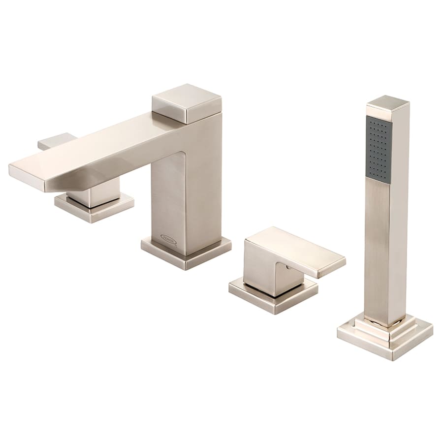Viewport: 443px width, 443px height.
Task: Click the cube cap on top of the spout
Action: coord(186,103)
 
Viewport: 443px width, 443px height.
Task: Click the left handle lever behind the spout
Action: coord(55,141)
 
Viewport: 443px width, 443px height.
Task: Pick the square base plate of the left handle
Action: coord(94,207)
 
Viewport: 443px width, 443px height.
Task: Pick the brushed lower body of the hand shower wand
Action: coord(386,246)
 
